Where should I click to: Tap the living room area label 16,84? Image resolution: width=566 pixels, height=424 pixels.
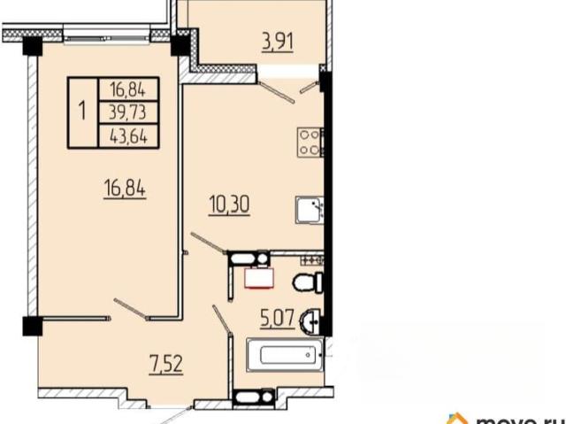125,189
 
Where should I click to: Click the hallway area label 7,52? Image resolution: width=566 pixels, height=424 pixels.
166,364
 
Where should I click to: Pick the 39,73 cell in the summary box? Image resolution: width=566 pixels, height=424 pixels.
128,112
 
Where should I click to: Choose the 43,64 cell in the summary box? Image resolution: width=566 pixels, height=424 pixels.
128,136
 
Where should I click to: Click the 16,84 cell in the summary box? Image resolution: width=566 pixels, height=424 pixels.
128,89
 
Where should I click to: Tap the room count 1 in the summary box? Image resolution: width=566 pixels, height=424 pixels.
82,111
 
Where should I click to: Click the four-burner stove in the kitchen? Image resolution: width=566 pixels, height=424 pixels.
310,143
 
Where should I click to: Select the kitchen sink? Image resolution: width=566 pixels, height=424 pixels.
310,210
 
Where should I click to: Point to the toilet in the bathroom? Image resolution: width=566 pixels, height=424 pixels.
308,282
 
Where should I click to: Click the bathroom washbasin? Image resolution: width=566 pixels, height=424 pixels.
310,320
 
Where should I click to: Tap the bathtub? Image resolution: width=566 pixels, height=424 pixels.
285,355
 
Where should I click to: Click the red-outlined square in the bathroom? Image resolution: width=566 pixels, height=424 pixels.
259,279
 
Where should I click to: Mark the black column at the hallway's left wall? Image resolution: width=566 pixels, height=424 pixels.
33,326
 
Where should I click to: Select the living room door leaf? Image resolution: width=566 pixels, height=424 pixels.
130,309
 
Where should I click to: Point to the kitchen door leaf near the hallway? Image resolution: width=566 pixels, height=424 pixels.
209,243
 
